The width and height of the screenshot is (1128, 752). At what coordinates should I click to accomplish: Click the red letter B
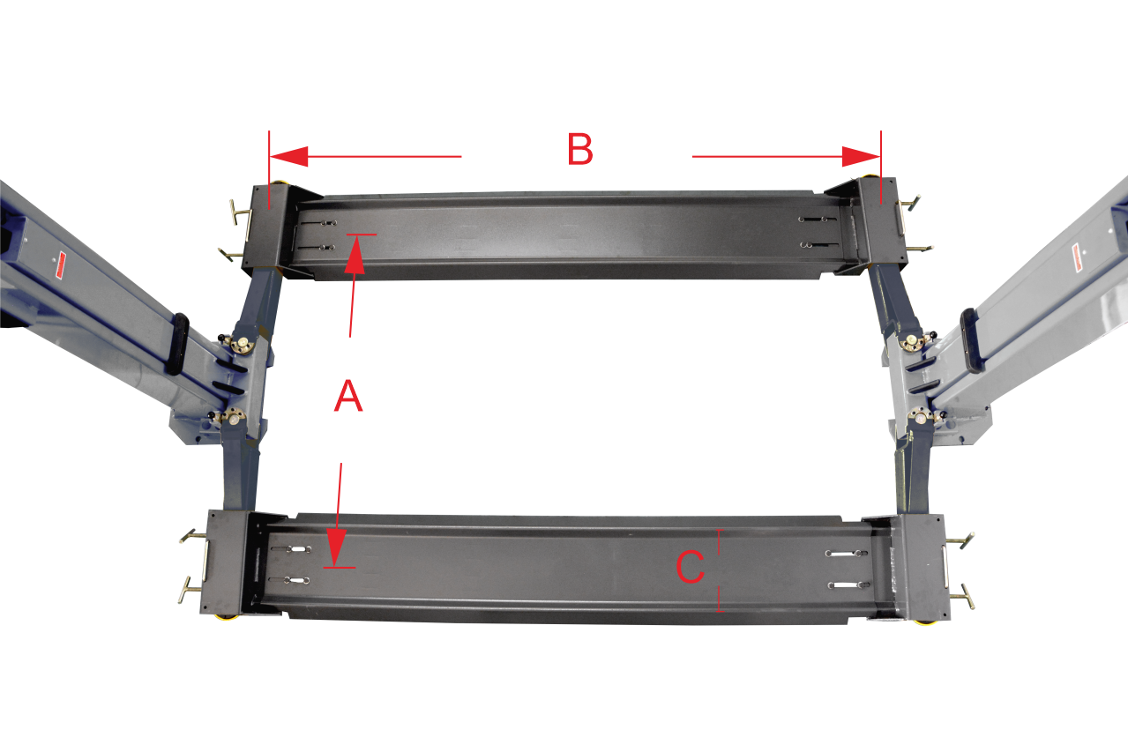pyautogui.click(x=580, y=149)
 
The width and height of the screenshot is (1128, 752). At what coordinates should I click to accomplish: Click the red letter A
pyautogui.click(x=348, y=396)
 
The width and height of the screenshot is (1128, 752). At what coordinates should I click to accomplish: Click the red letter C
pyautogui.click(x=690, y=567)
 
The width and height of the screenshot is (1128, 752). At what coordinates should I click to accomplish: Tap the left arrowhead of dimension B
pyautogui.click(x=288, y=157)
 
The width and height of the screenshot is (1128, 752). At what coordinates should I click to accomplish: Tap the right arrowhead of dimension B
pyautogui.click(x=861, y=157)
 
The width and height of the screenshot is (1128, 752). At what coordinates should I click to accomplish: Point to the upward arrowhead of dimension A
pyautogui.click(x=355, y=254)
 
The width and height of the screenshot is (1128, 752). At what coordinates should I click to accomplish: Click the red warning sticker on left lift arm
pyautogui.click(x=61, y=265)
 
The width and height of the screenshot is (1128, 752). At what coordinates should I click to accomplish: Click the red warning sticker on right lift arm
pyautogui.click(x=1077, y=259)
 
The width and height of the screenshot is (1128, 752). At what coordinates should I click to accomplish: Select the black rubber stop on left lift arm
pyautogui.click(x=178, y=344)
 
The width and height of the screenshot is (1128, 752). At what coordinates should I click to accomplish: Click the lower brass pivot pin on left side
pyautogui.click(x=235, y=417)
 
